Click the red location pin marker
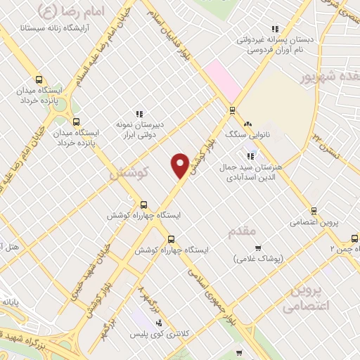pos(181,165)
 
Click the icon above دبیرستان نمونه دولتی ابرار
pos(139,114)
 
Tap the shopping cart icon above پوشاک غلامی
pos(257,247)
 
